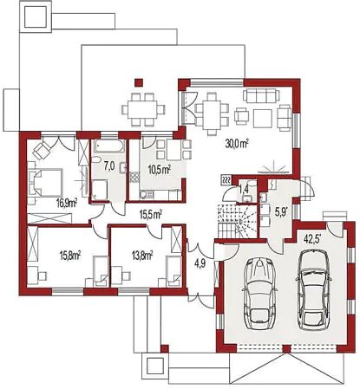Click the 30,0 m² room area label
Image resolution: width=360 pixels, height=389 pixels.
click(x=237, y=144)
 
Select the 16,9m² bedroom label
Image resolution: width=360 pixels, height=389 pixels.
click(x=67, y=204)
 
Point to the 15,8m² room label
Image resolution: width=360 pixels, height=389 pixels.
click(x=70, y=256)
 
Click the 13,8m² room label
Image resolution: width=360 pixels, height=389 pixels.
click(x=142, y=256)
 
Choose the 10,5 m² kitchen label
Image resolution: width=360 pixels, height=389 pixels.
click(x=160, y=170)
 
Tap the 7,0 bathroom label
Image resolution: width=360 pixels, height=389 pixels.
click(x=109, y=166)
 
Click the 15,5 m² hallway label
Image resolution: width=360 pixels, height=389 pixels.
click(x=151, y=214)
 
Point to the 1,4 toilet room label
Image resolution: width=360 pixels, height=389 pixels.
click(x=244, y=189)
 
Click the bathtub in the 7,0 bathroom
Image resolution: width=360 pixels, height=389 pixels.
click(x=110, y=146)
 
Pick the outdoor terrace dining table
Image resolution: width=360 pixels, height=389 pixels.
click(x=143, y=109)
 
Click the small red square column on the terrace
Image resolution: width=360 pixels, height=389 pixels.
click(x=139, y=82)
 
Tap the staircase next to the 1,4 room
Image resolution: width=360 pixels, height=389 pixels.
click(x=237, y=221)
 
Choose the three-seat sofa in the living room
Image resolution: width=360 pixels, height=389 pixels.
click(x=261, y=95)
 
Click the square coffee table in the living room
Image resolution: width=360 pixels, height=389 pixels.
click(x=263, y=118)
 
